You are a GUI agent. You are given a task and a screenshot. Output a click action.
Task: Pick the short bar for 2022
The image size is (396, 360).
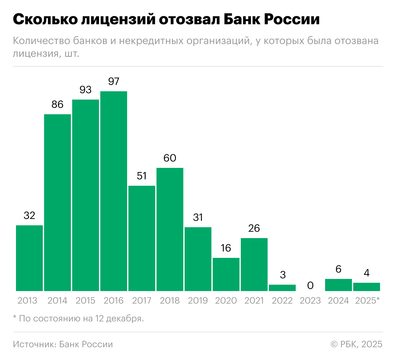(x=282, y=288)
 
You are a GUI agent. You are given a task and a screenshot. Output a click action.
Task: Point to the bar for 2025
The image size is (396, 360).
(x=367, y=287)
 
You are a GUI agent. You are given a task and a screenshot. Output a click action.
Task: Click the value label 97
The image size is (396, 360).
(x=114, y=81)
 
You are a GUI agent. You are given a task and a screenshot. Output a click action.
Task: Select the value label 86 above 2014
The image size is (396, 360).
(x=57, y=104)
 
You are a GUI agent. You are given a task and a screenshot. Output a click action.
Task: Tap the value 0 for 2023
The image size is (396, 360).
(x=310, y=285)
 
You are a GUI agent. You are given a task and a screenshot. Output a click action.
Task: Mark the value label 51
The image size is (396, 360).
(x=142, y=176)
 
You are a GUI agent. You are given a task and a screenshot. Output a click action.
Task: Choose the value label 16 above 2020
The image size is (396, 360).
(x=226, y=248)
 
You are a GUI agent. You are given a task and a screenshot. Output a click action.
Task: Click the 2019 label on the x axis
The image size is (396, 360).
(x=198, y=301)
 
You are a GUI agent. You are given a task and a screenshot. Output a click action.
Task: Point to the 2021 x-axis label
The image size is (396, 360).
(x=254, y=301)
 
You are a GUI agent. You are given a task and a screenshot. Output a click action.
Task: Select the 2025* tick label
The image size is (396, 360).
(x=367, y=301)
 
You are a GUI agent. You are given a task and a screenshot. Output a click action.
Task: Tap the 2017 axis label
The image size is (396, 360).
(x=142, y=301)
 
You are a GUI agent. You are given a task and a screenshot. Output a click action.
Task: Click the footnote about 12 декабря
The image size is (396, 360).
(x=78, y=319)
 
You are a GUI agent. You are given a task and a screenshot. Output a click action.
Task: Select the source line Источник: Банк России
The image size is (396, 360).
(x=63, y=344)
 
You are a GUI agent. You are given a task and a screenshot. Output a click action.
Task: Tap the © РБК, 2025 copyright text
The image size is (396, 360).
(x=356, y=344)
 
